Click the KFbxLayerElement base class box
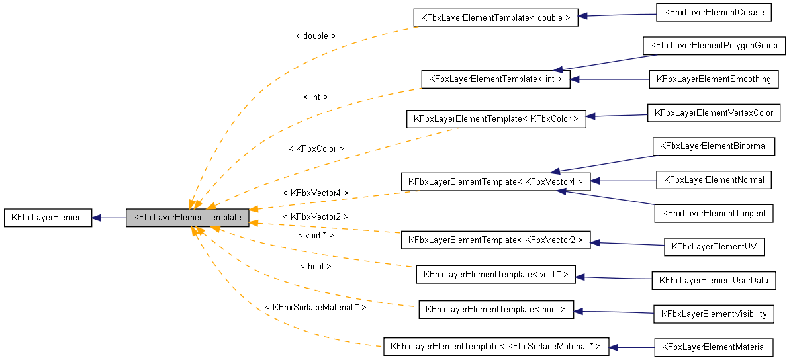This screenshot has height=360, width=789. point(48,218)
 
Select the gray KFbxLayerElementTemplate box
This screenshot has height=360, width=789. point(187,217)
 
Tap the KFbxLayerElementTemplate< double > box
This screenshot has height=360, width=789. point(495,18)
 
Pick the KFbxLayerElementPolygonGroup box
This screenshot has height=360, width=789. point(713,46)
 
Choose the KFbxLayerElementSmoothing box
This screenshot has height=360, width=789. point(714,79)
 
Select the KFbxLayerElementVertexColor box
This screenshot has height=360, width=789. point(714,113)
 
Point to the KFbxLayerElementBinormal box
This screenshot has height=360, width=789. point(714,147)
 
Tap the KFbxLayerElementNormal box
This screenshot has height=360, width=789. point(714,180)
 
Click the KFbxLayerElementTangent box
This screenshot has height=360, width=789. point(714,213)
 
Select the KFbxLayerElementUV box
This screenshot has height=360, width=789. point(714,247)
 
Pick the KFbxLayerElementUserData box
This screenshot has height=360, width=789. point(714,281)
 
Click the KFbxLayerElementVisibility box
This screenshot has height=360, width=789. point(714,314)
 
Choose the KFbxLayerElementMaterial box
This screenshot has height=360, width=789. point(714,347)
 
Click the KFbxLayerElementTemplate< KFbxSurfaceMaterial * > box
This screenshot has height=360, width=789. point(495,347)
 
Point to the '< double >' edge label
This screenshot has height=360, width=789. point(315,36)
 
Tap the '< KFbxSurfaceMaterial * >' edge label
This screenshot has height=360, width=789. point(315,308)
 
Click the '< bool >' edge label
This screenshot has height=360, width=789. point(315,267)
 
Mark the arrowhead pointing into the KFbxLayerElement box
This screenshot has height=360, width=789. point(97,218)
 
